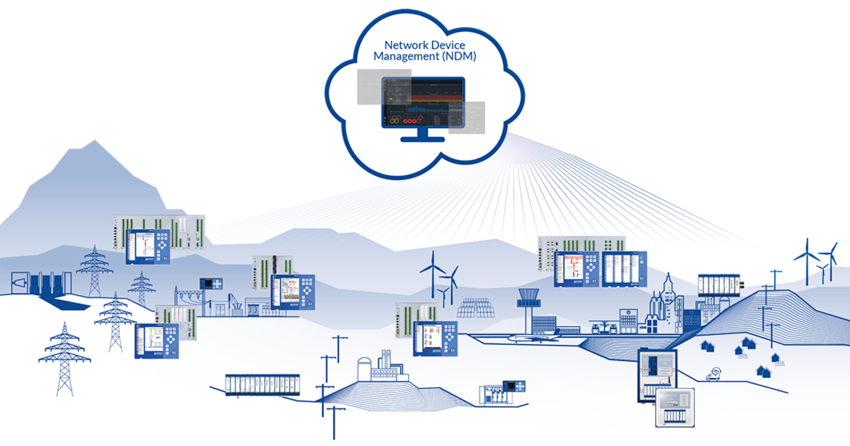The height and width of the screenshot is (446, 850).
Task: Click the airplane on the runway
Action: click(x=538, y=338)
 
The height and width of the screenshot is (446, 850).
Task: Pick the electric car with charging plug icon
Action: click(x=713, y=373)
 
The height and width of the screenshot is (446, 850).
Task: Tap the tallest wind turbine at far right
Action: click(x=805, y=259)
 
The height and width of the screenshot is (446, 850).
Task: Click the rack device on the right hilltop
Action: click(x=718, y=285)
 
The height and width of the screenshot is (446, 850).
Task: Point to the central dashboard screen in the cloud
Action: click(x=424, y=103)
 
